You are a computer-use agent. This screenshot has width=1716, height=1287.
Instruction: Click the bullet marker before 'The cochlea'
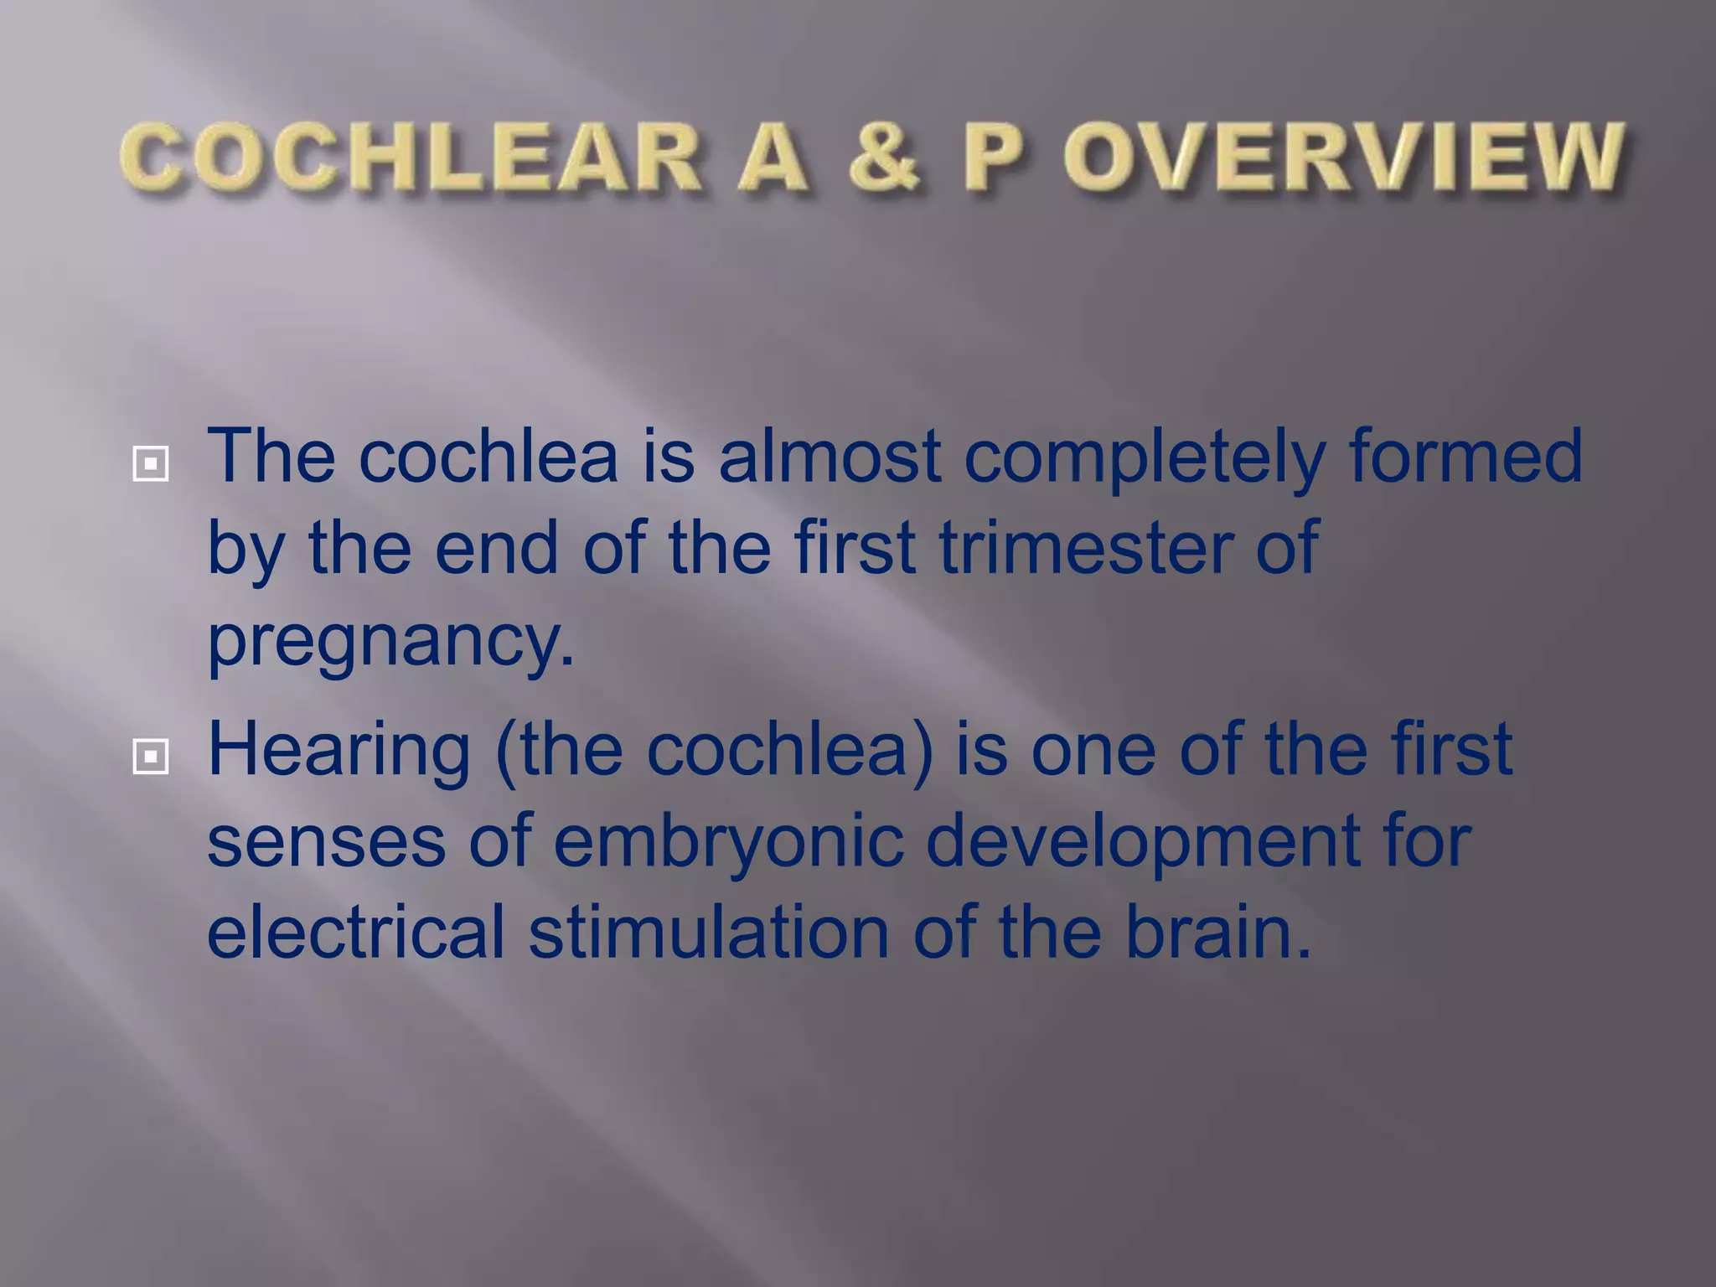point(150,463)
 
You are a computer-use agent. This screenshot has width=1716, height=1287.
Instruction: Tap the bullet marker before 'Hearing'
point(150,757)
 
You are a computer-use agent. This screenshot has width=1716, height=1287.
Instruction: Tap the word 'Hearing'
point(339,751)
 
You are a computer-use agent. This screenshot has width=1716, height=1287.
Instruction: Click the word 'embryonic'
point(728,843)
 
